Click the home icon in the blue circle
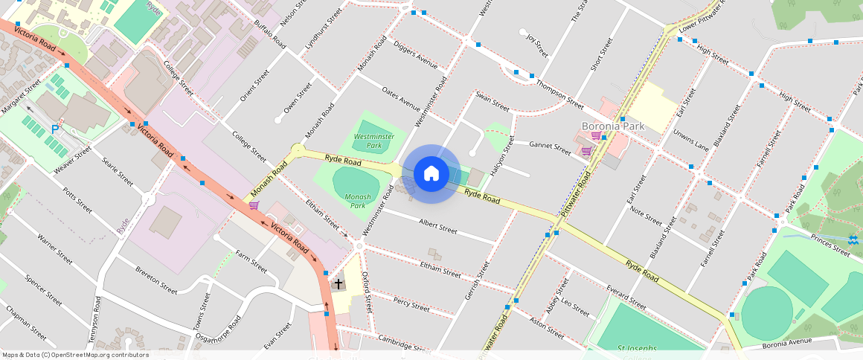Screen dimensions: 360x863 431,173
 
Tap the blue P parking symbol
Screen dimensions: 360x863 55,129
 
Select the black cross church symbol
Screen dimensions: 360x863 339,284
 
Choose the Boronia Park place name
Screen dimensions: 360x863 612,126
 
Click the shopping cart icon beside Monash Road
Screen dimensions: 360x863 254,205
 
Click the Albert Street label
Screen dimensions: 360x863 437,226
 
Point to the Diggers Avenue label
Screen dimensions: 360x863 415,54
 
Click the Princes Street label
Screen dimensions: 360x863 830,245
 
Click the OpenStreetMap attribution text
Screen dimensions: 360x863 74,355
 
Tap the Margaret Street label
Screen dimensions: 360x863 21,97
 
